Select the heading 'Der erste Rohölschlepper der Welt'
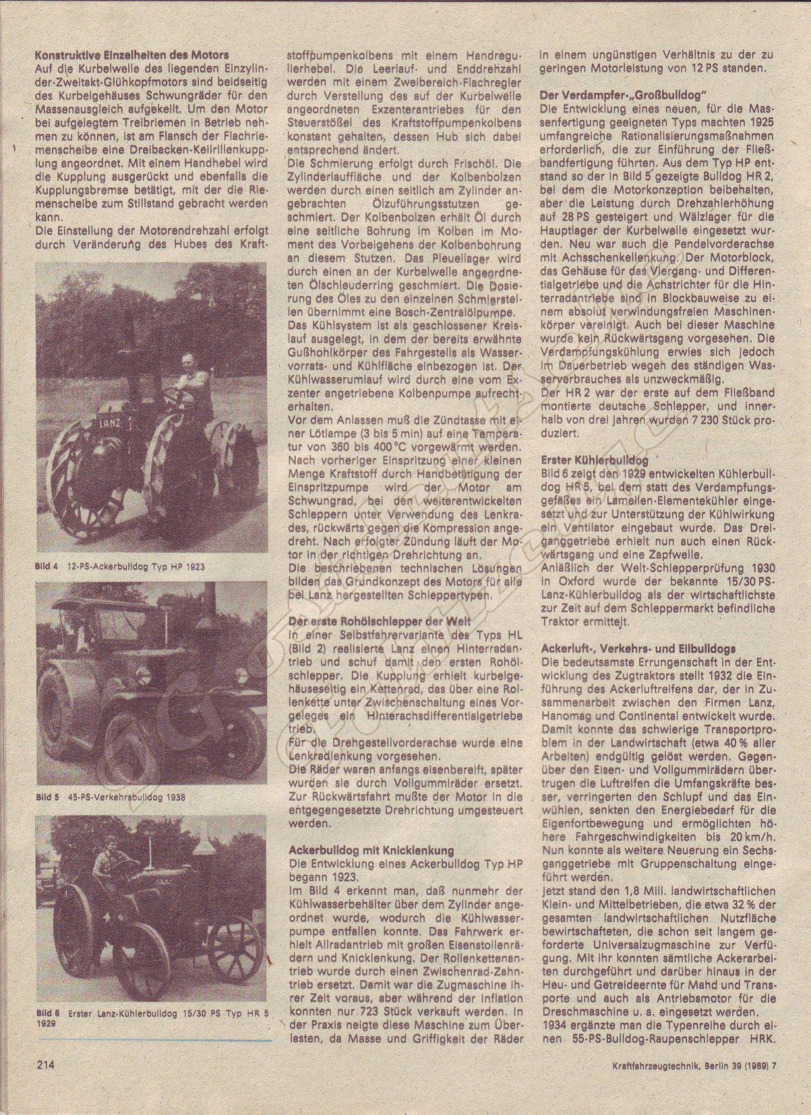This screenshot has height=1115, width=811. click(x=380, y=622)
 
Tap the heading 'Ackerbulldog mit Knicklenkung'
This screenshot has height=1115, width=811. click(x=371, y=850)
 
